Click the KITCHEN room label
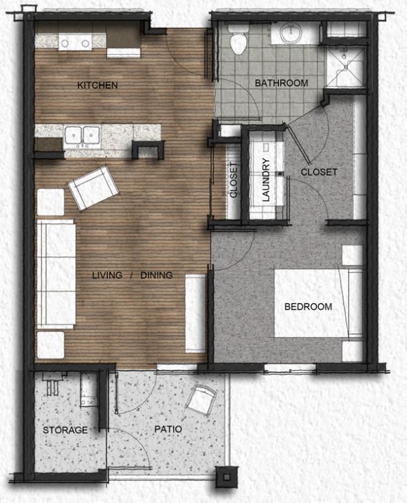click(98, 86)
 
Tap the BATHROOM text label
click(281, 83)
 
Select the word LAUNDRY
click(266, 181)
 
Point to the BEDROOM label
click(308, 307)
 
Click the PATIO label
click(167, 430)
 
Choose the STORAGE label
click(65, 430)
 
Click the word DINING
click(157, 275)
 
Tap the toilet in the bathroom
click(238, 43)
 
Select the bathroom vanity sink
click(295, 33)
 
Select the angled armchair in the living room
click(89, 187)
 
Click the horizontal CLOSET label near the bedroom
click(319, 172)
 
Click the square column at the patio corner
click(224, 477)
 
